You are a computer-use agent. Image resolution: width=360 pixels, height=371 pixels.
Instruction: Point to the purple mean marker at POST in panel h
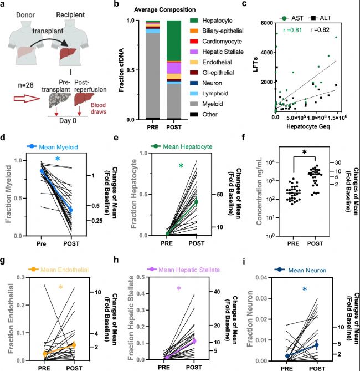(x=193, y=340)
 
